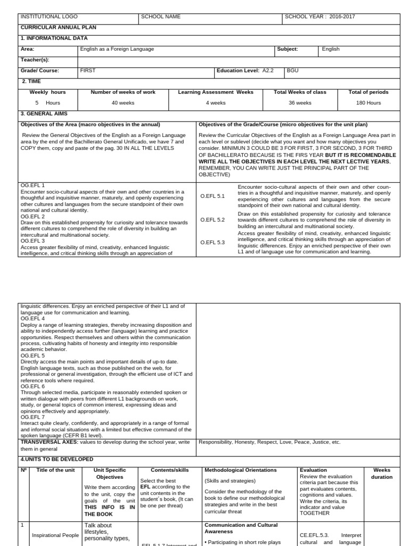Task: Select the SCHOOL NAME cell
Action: [161, 17]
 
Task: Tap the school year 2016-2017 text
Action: [320, 17]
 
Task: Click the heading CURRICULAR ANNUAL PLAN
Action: [58, 27]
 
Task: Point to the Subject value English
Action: [331, 49]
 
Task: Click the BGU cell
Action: [293, 70]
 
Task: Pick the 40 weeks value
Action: [123, 103]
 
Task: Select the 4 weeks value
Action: [215, 103]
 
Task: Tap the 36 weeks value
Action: [300, 103]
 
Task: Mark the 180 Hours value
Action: [369, 103]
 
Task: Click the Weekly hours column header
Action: [47, 92]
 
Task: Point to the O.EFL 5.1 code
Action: [212, 196]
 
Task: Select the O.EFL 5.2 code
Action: [212, 220]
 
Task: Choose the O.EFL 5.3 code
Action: [212, 243]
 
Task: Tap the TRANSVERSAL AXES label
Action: [51, 442]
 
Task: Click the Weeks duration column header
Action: [382, 473]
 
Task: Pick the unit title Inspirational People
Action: [55, 535]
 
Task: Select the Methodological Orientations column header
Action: [241, 470]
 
